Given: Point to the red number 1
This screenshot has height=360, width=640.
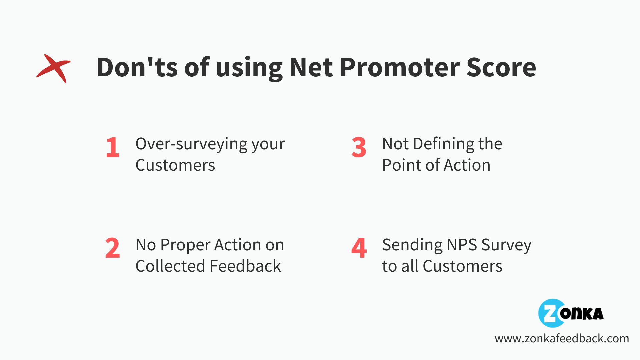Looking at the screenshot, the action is pos(113,147).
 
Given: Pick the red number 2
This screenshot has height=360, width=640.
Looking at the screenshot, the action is pos(112,248).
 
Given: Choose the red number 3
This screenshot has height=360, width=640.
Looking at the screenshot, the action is pos(359,147).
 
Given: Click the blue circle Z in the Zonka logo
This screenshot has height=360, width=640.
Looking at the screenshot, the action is pos(551,313).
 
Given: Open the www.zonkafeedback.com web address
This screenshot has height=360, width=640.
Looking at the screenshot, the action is pos(562,338).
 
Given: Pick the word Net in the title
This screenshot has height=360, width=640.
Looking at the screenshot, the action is pos(311,67).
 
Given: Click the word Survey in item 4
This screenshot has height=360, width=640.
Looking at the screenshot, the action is pos(506,245).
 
